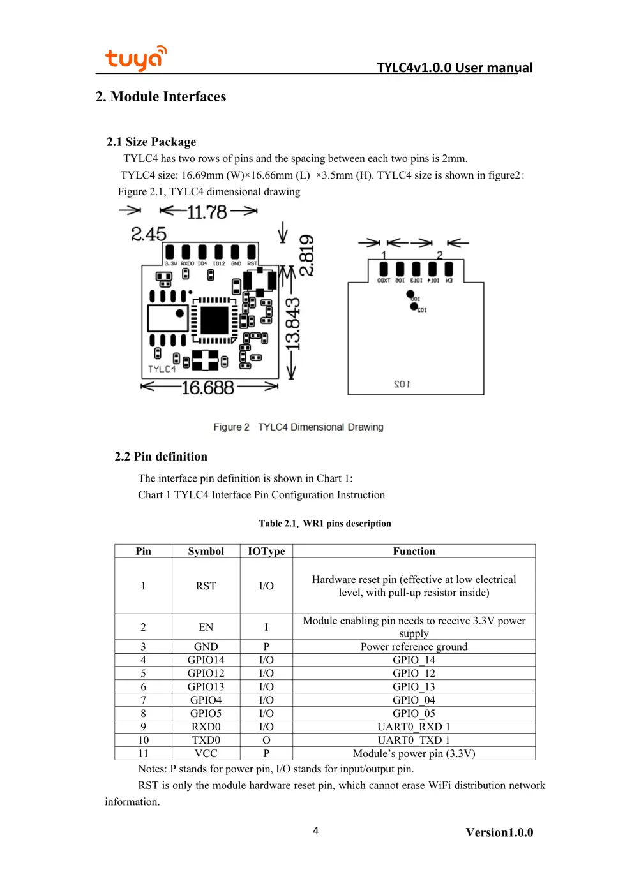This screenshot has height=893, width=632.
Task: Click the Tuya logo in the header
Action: [135, 58]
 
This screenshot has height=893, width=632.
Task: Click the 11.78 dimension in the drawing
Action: [207, 212]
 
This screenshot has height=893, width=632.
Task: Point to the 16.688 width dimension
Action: [207, 388]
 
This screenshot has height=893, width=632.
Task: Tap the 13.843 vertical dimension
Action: [292, 324]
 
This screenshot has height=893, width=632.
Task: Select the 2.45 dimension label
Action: [148, 234]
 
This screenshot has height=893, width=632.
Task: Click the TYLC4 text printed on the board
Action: [162, 369]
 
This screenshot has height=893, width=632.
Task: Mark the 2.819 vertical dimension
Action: [306, 255]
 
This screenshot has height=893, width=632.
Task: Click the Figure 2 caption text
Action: [298, 427]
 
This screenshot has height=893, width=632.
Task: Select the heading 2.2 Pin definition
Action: [161, 457]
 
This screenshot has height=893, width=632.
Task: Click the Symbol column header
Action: [206, 551]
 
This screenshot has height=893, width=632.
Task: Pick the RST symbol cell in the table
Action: [206, 586]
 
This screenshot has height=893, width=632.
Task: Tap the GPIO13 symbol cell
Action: [206, 687]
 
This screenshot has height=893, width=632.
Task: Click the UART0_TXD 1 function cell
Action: [414, 740]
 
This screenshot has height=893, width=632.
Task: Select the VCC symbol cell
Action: [206, 753]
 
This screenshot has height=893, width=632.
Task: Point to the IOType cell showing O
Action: [266, 740]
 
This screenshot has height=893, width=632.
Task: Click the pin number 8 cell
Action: [143, 713]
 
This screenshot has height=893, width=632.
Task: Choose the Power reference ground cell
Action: [414, 647]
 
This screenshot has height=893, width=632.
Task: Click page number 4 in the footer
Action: [315, 830]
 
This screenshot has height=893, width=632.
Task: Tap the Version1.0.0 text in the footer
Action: [499, 832]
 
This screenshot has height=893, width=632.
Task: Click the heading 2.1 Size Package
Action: [151, 142]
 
